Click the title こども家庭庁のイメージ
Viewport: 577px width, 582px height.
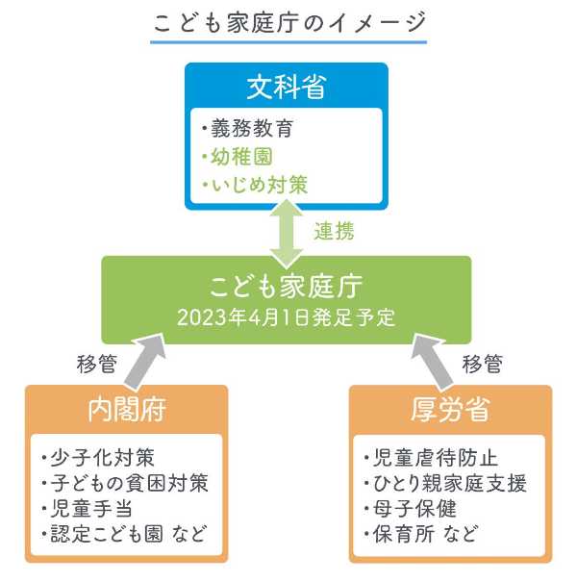click(288, 23)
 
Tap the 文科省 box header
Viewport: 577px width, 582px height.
click(287, 87)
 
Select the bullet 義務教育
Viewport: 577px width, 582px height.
click(248, 129)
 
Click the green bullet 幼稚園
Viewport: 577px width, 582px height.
click(238, 156)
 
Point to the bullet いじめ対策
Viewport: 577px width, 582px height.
click(255, 185)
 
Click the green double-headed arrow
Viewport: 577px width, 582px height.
click(287, 234)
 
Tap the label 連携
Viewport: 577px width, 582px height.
click(335, 231)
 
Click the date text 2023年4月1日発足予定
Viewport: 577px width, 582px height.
click(286, 317)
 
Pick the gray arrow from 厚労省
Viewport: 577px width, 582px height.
click(432, 361)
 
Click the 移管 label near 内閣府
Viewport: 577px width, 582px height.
click(97, 364)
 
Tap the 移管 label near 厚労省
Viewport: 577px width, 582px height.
click(483, 364)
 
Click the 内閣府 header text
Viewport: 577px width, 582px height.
click(127, 410)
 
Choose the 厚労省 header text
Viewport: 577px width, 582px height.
click(450, 410)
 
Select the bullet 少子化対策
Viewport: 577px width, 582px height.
click(98, 457)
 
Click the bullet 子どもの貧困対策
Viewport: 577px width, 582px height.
click(125, 483)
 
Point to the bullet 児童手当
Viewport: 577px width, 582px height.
click(87, 509)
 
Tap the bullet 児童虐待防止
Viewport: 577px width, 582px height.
click(431, 457)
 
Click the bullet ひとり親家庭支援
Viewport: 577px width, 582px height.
click(445, 483)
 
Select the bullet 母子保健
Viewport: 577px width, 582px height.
click(410, 509)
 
